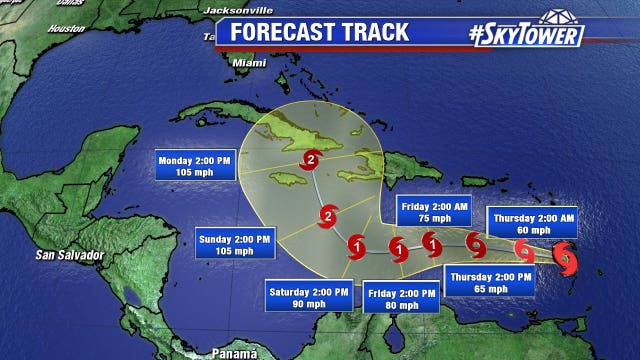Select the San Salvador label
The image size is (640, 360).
[x=69, y=254]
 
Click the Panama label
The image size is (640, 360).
[x=234, y=351]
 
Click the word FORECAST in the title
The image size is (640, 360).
[x=284, y=31]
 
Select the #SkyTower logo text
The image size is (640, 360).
[x=525, y=34]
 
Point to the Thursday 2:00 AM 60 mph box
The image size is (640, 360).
[x=532, y=223]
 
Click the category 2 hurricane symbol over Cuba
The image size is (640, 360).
[x=312, y=160]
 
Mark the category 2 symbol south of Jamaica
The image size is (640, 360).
[x=327, y=216]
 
